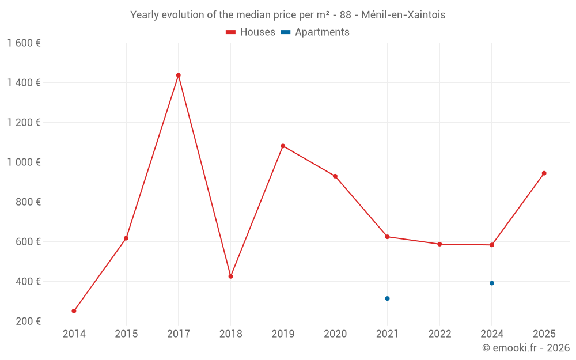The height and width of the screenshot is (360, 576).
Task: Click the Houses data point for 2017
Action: click(x=178, y=75)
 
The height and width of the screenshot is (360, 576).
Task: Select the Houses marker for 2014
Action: click(x=74, y=311)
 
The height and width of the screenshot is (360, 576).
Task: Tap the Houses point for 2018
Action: click(x=230, y=276)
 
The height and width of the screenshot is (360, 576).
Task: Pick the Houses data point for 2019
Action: click(x=283, y=146)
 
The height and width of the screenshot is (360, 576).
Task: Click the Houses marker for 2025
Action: click(x=544, y=173)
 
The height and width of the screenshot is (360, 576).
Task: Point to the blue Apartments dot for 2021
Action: click(x=387, y=298)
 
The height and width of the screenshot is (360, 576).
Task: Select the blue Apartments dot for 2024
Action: click(x=492, y=283)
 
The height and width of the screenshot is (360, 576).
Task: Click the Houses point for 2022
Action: click(x=439, y=244)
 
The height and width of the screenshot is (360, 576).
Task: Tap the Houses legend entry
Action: click(x=251, y=32)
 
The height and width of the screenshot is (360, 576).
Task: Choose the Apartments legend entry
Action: click(x=316, y=32)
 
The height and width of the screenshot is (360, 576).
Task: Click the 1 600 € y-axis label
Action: click(x=24, y=43)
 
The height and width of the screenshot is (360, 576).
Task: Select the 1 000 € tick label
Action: click(x=24, y=162)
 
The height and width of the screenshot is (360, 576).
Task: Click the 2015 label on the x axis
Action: click(x=126, y=334)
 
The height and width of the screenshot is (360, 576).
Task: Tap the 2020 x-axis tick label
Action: click(x=335, y=334)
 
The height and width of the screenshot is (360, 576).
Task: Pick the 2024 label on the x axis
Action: click(x=492, y=334)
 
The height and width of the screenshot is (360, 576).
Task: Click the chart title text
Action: click(x=287, y=15)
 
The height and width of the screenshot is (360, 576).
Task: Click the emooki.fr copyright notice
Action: click(x=525, y=348)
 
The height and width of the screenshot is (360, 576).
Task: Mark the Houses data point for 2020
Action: click(x=335, y=176)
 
